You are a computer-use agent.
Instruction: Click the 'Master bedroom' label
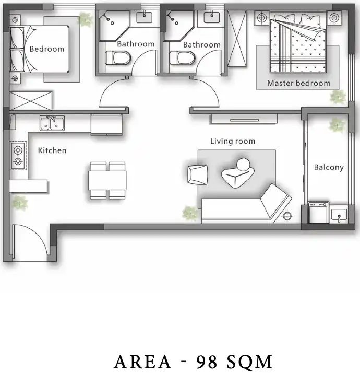pyautogui.click(x=298, y=83)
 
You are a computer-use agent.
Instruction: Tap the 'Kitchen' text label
pyautogui.click(x=52, y=150)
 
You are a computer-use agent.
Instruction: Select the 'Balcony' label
pyautogui.click(x=329, y=167)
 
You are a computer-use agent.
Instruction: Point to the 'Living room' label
pyautogui.click(x=233, y=141)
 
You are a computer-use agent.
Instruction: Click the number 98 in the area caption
pyautogui.click(x=207, y=362)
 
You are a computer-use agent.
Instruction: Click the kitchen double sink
pyautogui.click(x=52, y=123)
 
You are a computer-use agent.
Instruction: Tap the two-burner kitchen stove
pyautogui.click(x=18, y=156)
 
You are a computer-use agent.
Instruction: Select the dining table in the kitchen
pyautogui.click(x=107, y=181)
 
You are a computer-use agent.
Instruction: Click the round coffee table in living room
pyautogui.click(x=243, y=165)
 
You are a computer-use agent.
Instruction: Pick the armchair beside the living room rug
pyautogui.click(x=197, y=175)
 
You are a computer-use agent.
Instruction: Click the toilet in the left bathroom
pyautogui.click(x=118, y=58)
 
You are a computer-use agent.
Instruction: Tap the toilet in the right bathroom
pyautogui.click(x=183, y=58)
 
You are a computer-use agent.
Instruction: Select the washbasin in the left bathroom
pyautogui.click(x=144, y=17)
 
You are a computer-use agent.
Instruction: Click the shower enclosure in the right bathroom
pyautogui.click(x=178, y=26)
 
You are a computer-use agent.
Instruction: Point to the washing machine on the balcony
pyautogui.click(x=318, y=213)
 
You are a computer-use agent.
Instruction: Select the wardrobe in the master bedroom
pyautogui.click(x=237, y=39)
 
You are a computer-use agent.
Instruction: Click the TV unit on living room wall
pyautogui.click(x=244, y=119)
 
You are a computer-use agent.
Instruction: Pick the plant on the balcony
pyautogui.click(x=337, y=125)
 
